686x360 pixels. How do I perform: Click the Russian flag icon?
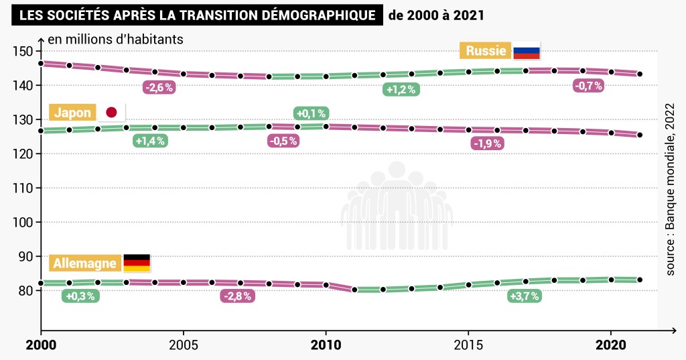(x=526, y=51)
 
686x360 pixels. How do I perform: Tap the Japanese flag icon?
(x=111, y=113)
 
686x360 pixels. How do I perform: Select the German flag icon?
(x=137, y=263)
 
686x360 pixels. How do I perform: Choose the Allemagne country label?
(x=86, y=263)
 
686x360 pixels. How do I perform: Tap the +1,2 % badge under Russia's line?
(x=401, y=89)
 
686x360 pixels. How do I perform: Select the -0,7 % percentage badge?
(x=588, y=86)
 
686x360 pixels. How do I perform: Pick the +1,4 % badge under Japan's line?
(x=150, y=141)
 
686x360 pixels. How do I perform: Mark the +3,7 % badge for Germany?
(x=524, y=296)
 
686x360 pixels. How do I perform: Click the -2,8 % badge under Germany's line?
(x=238, y=296)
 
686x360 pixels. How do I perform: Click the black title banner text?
(x=197, y=15)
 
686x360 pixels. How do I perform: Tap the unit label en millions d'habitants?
(x=115, y=39)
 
